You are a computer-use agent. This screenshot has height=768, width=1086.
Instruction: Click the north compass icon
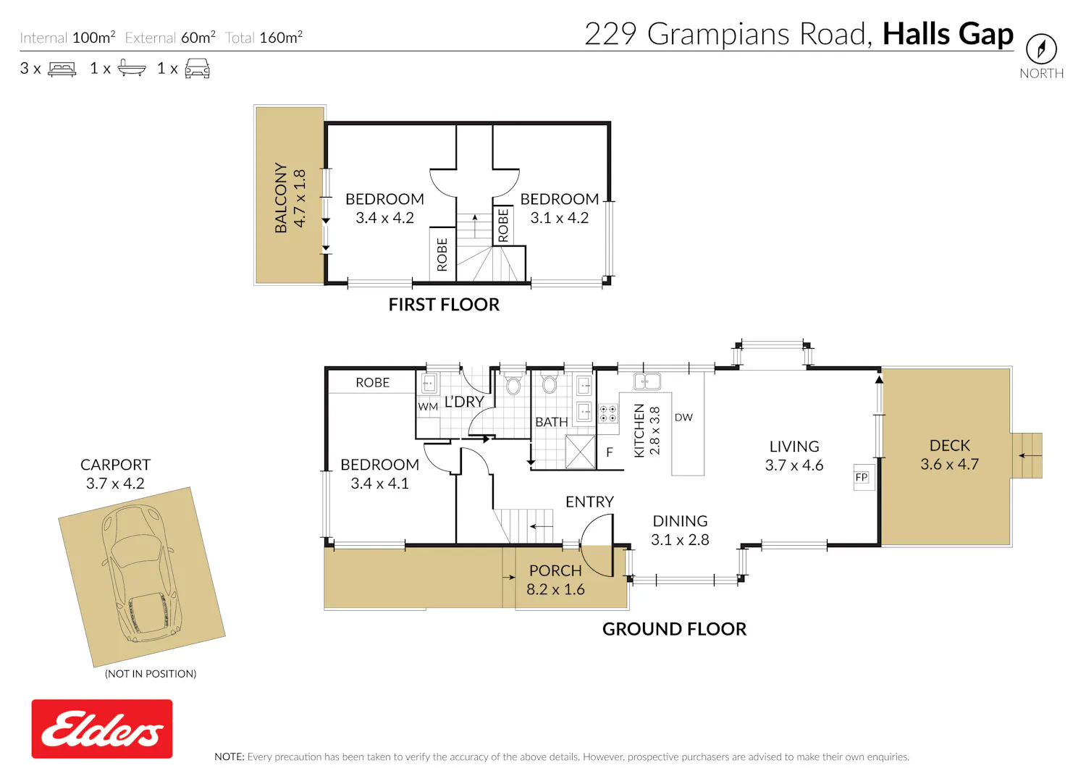(1041, 48)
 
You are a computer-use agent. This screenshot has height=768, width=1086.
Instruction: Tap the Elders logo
(102, 728)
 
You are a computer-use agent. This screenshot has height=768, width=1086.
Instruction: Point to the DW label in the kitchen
(683, 418)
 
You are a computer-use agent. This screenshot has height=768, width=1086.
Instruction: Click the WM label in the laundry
(428, 407)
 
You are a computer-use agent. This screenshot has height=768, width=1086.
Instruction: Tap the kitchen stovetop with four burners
(608, 413)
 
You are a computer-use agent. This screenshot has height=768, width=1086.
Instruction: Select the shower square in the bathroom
(581, 452)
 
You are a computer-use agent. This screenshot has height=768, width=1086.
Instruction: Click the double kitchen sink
(647, 381)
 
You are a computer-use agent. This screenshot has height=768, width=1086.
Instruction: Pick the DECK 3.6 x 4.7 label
(949, 455)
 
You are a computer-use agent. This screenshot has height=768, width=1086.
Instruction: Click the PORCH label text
(555, 570)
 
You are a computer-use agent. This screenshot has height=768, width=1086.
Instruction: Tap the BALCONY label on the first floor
(281, 198)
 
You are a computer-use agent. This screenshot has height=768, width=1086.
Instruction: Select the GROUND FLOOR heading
(674, 629)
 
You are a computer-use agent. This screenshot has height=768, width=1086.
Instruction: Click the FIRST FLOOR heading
(444, 305)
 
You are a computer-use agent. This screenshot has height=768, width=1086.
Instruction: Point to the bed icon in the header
(62, 69)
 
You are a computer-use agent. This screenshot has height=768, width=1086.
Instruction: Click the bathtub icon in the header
(131, 68)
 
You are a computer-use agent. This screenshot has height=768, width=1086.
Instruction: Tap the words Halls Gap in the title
(948, 35)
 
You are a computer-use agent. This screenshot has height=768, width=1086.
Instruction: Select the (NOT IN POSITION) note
(151, 673)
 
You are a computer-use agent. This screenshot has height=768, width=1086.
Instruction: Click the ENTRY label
(589, 502)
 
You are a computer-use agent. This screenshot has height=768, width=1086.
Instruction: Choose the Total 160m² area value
(264, 38)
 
